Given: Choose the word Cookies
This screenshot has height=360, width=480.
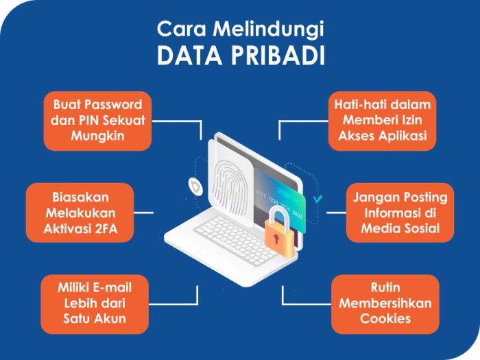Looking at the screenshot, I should click(385, 317).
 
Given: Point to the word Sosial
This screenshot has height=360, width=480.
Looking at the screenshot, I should click(418, 228).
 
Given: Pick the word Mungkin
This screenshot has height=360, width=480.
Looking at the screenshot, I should click(97, 135).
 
